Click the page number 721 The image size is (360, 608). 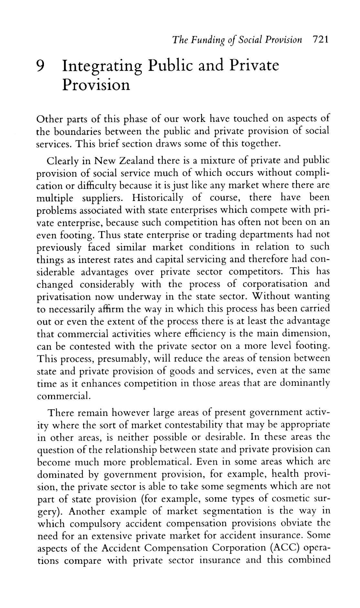click(x=319, y=40)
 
